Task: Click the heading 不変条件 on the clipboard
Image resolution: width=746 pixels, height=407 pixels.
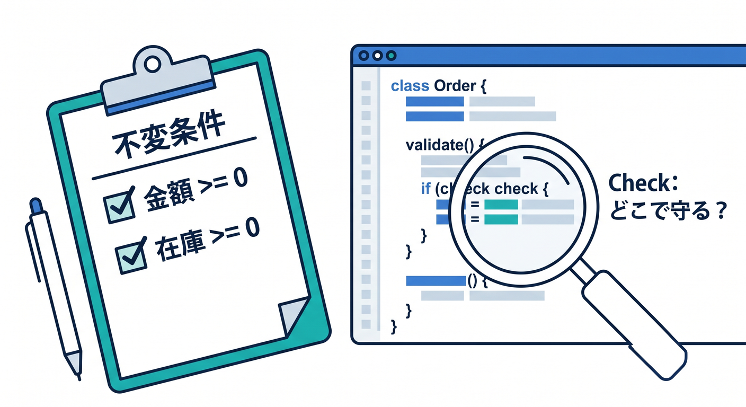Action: pos(168,133)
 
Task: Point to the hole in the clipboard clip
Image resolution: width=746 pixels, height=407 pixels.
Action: pos(153,65)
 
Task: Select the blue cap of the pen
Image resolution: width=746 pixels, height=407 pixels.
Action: pos(35,206)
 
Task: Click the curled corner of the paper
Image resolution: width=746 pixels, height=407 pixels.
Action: pos(294,315)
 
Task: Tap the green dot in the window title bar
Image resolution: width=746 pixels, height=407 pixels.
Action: pos(392,56)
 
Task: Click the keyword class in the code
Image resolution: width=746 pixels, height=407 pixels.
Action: pos(410,86)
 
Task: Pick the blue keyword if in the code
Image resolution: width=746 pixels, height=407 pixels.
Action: pos(426,189)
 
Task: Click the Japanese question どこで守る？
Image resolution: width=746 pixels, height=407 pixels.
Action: pos(668,211)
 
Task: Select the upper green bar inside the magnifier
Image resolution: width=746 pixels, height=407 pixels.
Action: pos(501,205)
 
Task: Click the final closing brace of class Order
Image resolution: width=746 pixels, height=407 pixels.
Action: pos(394,327)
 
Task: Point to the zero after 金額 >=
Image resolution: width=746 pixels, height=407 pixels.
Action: pos(241,178)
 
